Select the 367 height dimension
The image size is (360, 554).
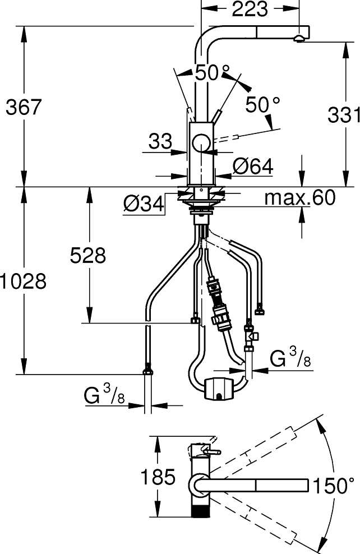click(x=24, y=107)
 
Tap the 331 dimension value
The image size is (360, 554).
click(x=343, y=115)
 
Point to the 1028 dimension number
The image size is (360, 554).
click(x=23, y=281)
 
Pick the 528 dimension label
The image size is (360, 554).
click(x=87, y=255)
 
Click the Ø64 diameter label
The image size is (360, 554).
click(x=252, y=166)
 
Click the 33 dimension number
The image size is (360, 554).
click(x=160, y=142)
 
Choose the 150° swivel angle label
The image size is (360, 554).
click(x=334, y=486)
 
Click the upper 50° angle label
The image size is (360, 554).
click(x=212, y=72)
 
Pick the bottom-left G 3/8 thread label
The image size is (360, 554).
click(x=104, y=396)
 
